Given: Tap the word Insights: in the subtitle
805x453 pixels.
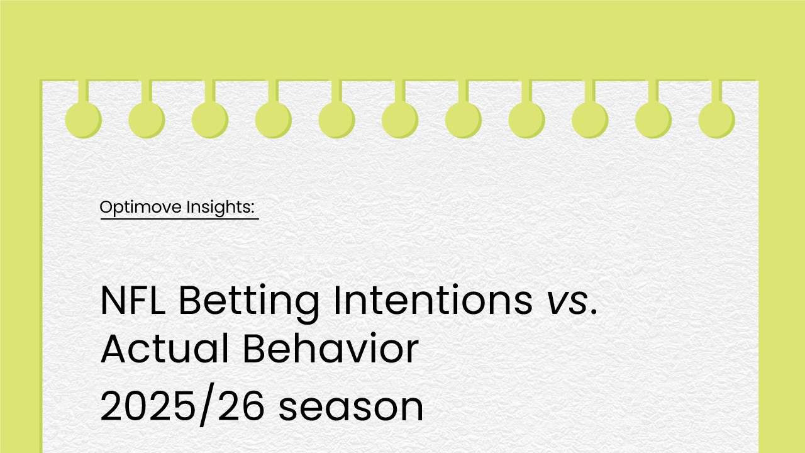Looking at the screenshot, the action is click(x=220, y=208).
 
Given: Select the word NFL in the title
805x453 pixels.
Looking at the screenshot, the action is click(x=133, y=300).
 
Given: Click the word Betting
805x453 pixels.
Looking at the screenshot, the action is click(x=248, y=304).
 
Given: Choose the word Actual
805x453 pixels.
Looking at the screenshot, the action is click(x=165, y=349).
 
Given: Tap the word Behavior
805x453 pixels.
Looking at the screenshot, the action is click(x=331, y=349).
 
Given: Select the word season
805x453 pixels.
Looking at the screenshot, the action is click(x=351, y=408).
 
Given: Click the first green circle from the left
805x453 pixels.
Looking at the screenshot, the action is click(x=84, y=120).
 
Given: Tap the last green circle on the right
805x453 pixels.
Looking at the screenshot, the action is click(x=716, y=120).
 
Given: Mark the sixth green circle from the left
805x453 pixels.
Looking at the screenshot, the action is click(x=400, y=120).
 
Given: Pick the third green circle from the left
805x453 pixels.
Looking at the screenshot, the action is click(x=210, y=120).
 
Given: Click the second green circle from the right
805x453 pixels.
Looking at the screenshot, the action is click(x=653, y=120).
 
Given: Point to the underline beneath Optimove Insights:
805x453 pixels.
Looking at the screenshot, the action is click(x=180, y=218).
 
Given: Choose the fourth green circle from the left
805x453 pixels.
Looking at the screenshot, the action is click(x=273, y=120).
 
